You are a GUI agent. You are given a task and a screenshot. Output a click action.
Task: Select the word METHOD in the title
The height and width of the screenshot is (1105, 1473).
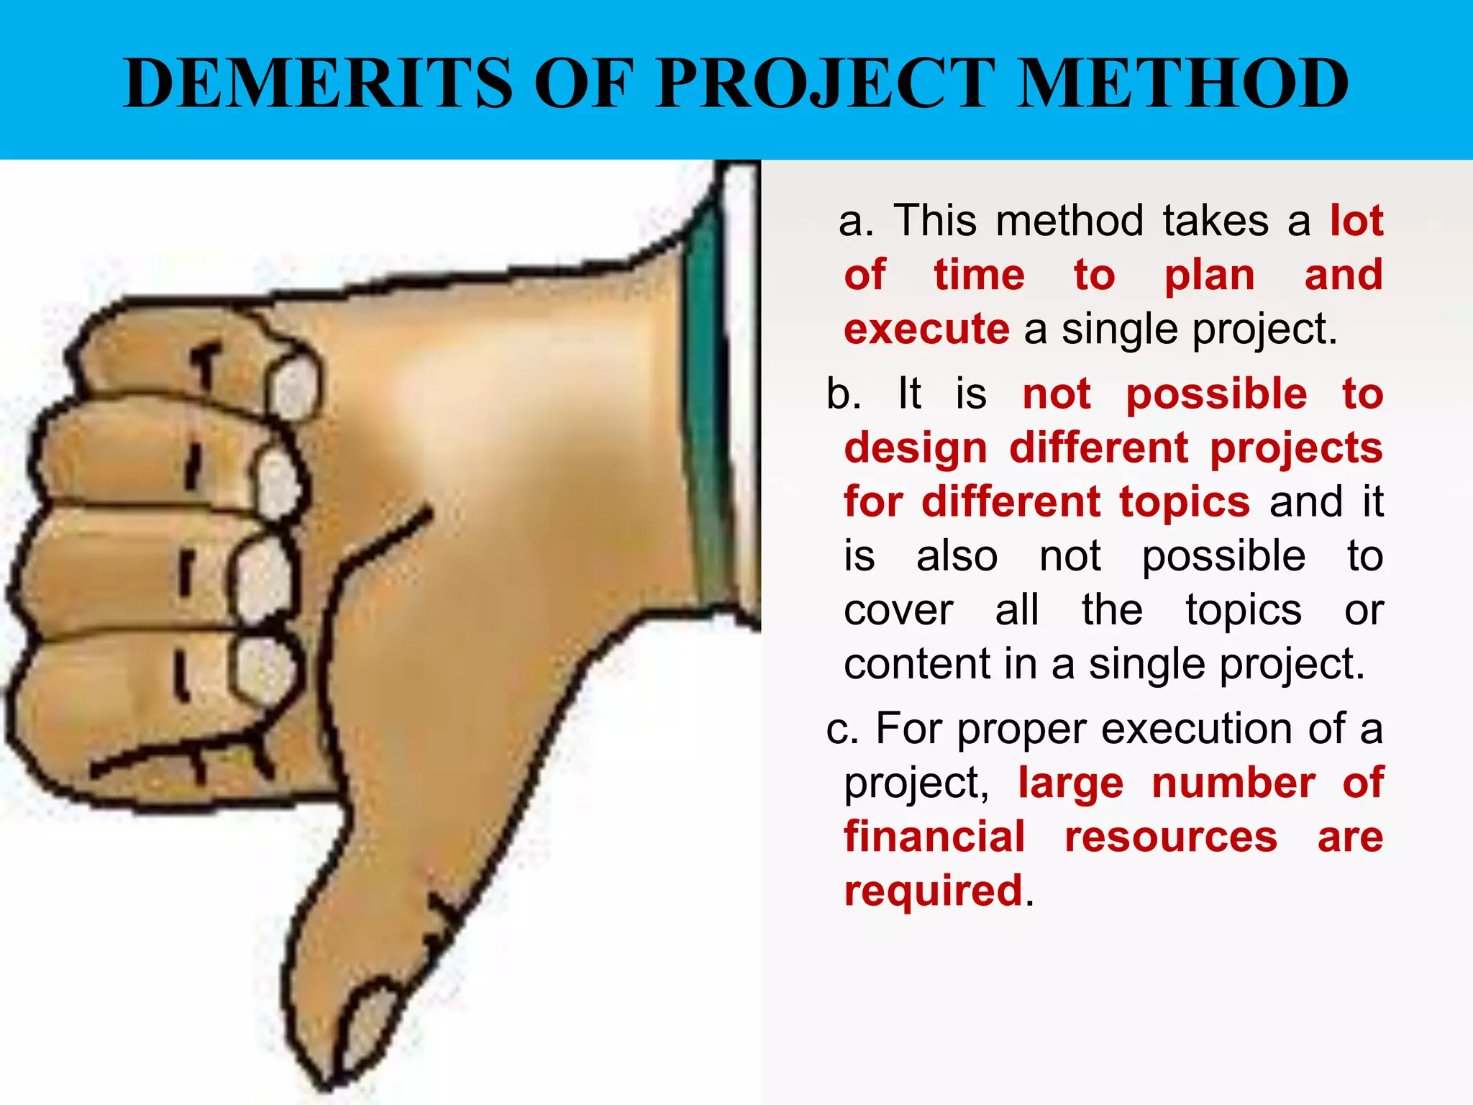pyautogui.click(x=1182, y=83)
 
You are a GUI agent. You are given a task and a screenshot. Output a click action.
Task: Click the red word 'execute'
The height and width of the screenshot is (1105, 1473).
pyautogui.click(x=926, y=329)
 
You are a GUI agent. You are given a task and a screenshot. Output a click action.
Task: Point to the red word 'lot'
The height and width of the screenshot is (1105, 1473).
pyautogui.click(x=1356, y=220)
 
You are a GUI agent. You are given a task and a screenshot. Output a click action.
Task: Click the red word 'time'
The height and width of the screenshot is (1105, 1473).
pyautogui.click(x=979, y=275)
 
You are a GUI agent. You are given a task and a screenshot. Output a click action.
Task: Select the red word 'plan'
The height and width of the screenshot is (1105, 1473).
pyautogui.click(x=1210, y=276)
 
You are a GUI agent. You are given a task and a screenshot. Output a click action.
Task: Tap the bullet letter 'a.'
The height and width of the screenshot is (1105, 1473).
pyautogui.click(x=856, y=220)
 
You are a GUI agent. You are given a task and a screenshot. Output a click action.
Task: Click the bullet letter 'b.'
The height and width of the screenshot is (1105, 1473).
pyautogui.click(x=843, y=394)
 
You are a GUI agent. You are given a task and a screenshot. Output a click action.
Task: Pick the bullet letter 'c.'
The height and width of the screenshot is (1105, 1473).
pyautogui.click(x=842, y=729)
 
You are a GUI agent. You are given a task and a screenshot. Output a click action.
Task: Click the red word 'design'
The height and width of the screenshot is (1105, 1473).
pyautogui.click(x=916, y=449)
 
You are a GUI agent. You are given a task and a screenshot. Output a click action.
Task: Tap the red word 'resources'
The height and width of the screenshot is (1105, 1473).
pyautogui.click(x=1171, y=837)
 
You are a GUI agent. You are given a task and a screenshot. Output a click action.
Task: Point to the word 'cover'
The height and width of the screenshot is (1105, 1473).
pyautogui.click(x=898, y=610)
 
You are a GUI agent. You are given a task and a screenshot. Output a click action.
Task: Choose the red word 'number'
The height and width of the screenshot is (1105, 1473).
pyautogui.click(x=1233, y=783)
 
